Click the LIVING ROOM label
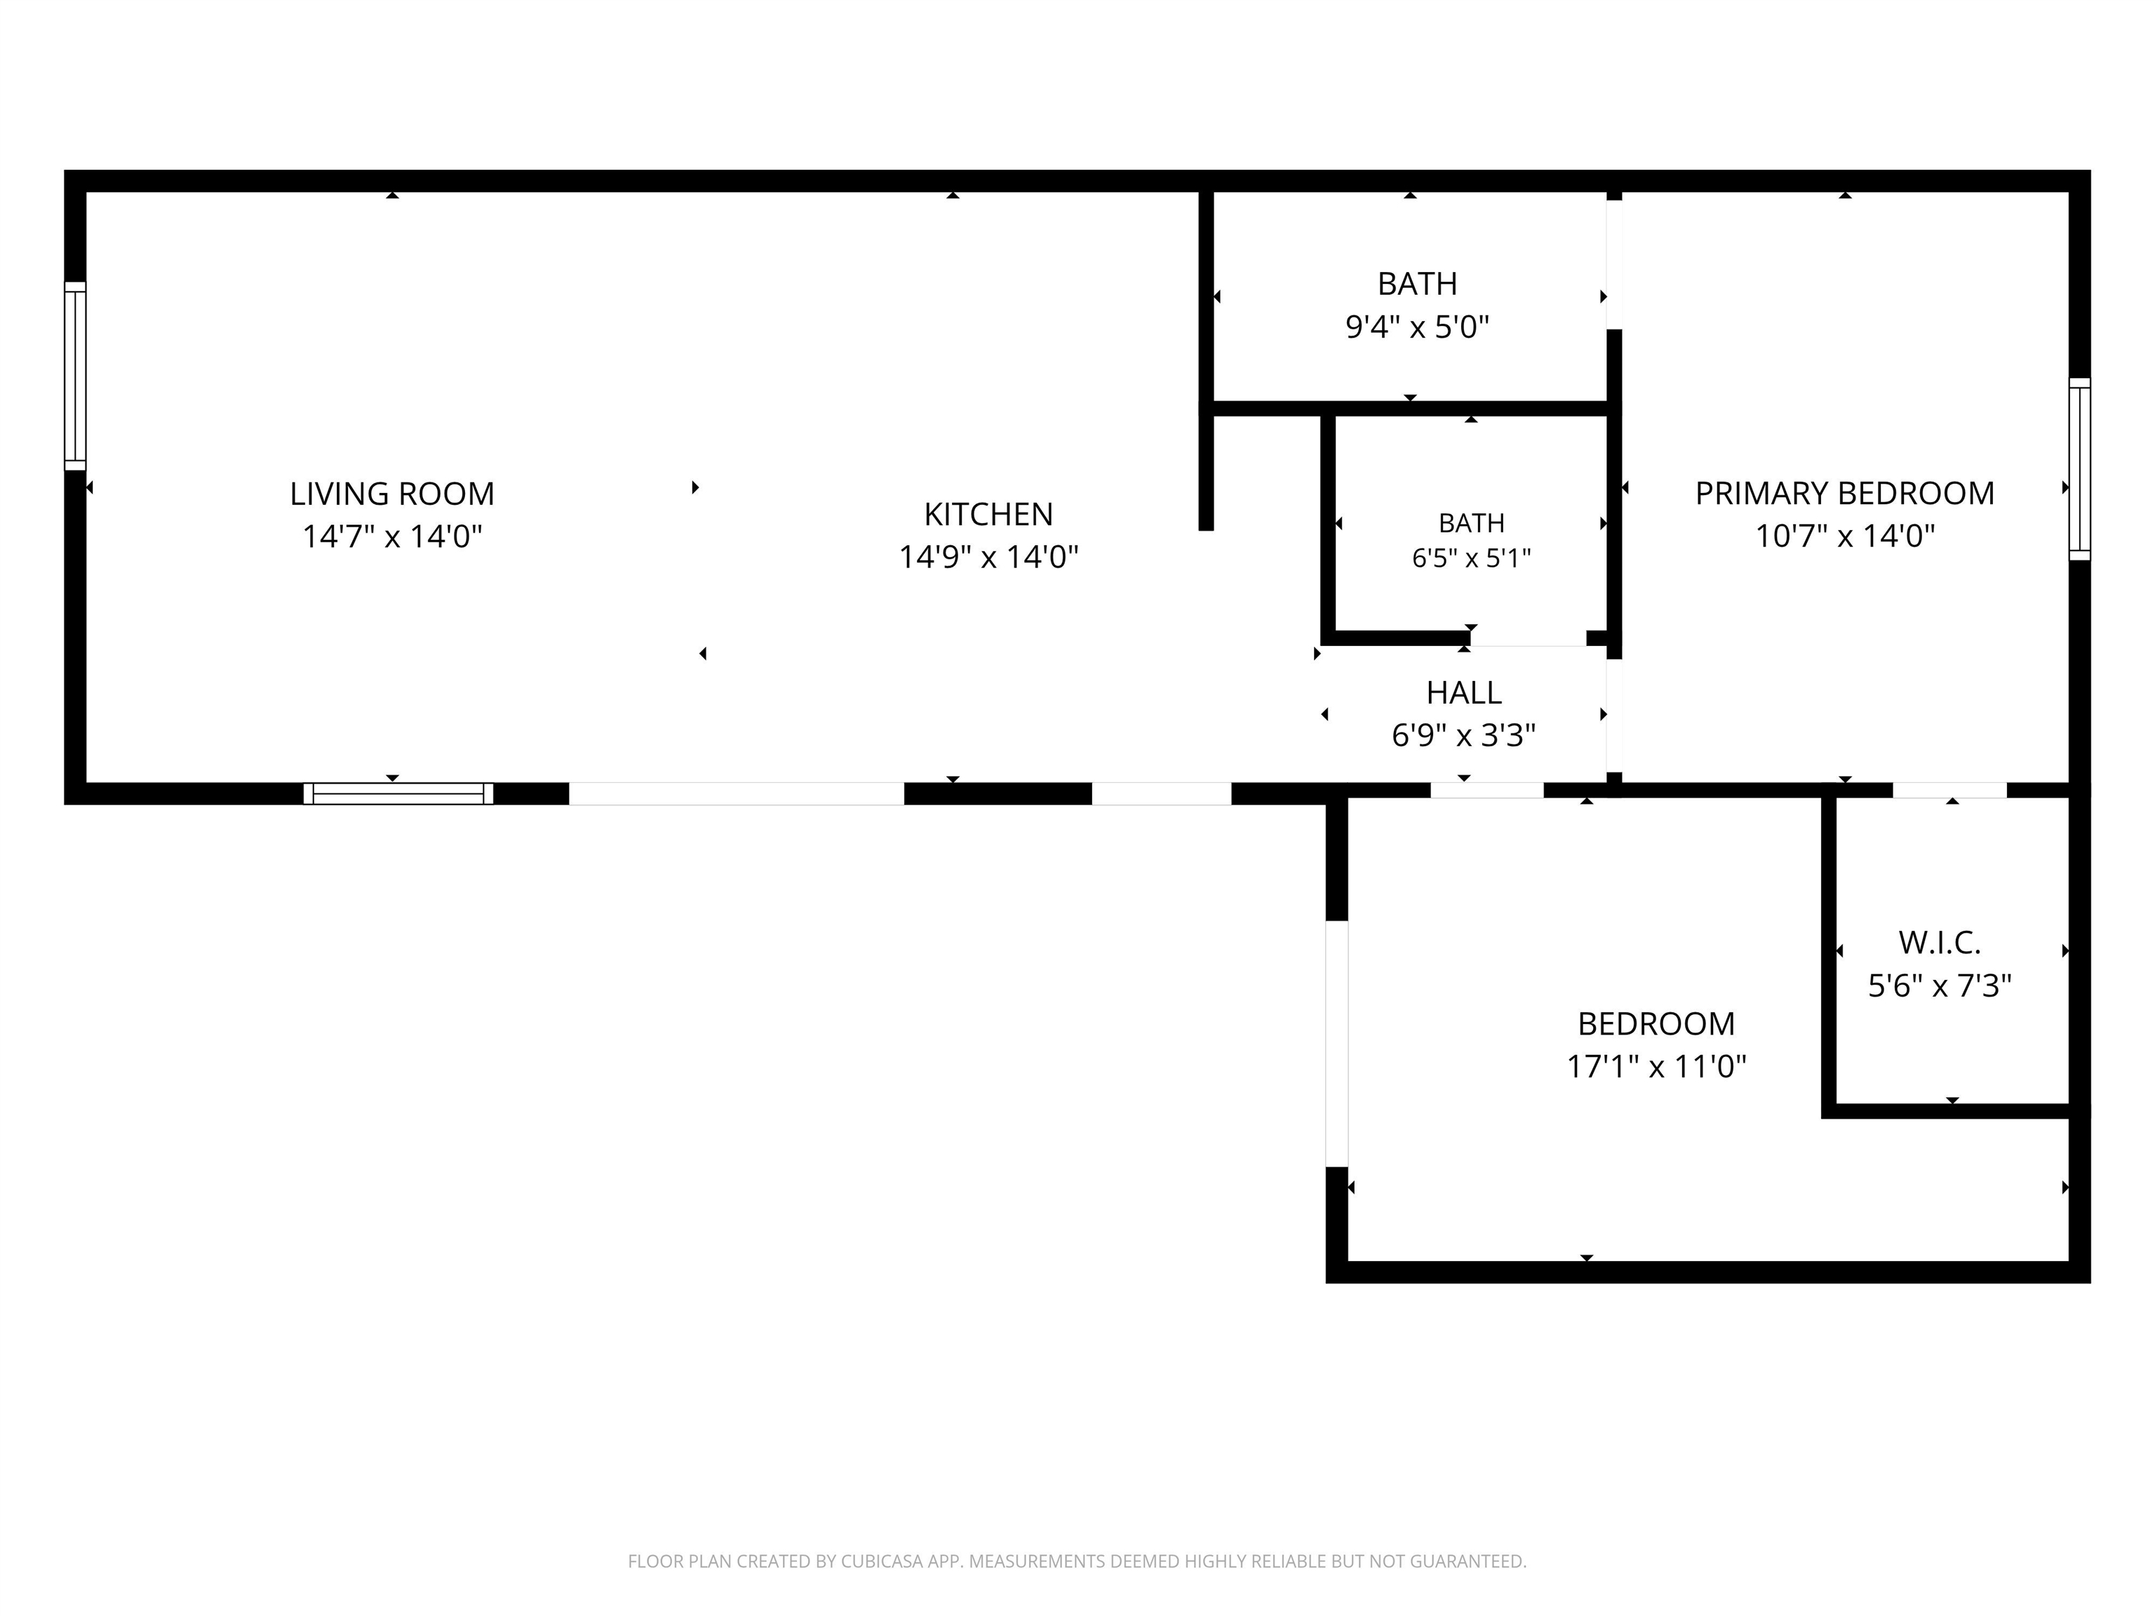click(x=391, y=494)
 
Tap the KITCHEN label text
click(x=988, y=514)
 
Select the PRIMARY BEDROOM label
click(x=1844, y=494)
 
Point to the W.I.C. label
click(x=1939, y=943)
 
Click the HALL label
click(x=1463, y=692)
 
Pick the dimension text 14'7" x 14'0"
click(x=391, y=537)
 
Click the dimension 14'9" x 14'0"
click(x=988, y=557)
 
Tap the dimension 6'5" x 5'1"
click(x=1471, y=559)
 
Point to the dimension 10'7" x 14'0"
click(x=1844, y=537)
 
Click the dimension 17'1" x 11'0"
click(x=1656, y=1067)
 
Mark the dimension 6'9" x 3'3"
click(x=1463, y=736)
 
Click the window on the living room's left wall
click(x=75, y=376)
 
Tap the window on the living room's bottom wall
click(x=398, y=794)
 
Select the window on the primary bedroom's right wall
click(x=2079, y=469)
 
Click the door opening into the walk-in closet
click(x=1949, y=790)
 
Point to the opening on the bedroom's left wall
click(x=1336, y=1043)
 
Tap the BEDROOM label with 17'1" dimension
click(x=1656, y=1024)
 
